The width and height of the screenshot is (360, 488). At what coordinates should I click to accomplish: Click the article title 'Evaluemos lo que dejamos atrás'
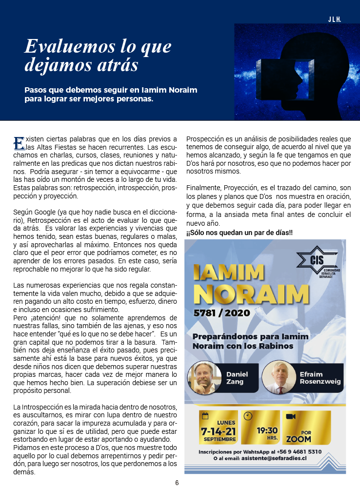pos(98,55)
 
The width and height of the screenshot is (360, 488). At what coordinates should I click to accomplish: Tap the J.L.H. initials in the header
pos(334,20)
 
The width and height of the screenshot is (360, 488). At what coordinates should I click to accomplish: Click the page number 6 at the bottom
pos(177,483)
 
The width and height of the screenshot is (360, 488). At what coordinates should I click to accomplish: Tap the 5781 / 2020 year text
pos(221,312)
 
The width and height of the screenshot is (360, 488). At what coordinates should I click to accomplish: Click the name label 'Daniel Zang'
pos(237,378)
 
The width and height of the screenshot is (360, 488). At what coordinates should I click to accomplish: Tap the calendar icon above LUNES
pos(205,416)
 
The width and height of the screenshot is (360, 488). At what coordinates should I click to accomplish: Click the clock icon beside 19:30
pos(248,416)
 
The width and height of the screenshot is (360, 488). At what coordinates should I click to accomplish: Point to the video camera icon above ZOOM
pos(291,417)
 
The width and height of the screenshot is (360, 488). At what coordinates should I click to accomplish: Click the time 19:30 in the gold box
pos(267,430)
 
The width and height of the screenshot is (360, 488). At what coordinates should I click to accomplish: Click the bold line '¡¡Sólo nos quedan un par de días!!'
pos(240,233)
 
